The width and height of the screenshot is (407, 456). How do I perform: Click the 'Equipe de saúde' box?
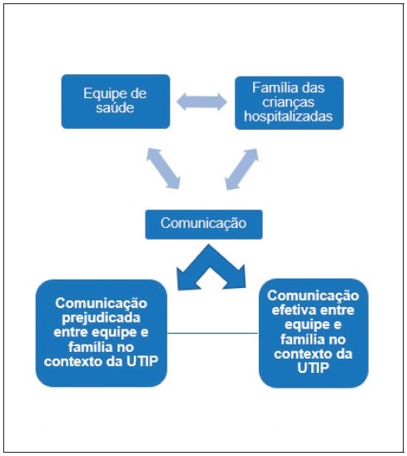pos(116,102)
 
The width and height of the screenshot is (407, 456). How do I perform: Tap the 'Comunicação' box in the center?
pos(204,224)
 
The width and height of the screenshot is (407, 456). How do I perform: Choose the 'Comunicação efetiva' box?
pos(313,333)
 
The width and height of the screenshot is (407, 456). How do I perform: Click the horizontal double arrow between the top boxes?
pos(202,102)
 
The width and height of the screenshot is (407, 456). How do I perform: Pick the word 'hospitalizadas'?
pos(289,117)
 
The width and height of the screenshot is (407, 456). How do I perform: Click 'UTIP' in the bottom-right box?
pos(313,370)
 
